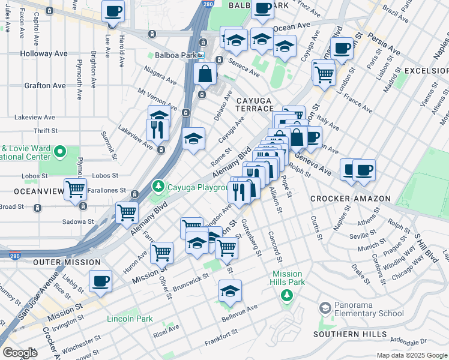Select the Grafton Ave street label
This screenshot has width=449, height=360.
point(45,86)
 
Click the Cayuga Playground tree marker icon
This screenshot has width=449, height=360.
point(158,186)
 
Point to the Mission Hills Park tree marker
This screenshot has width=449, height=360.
point(287,295)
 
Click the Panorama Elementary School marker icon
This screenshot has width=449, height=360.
point(325,308)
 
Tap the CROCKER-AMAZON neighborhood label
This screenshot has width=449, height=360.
point(351,199)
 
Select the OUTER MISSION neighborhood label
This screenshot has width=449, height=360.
point(67,263)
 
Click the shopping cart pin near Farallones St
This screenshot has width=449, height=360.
point(76,190)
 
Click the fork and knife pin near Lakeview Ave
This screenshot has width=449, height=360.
point(157,129)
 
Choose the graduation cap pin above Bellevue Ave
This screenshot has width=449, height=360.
point(230,291)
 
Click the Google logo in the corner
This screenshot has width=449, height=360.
point(20,353)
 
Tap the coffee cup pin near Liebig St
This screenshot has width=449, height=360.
point(100,280)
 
